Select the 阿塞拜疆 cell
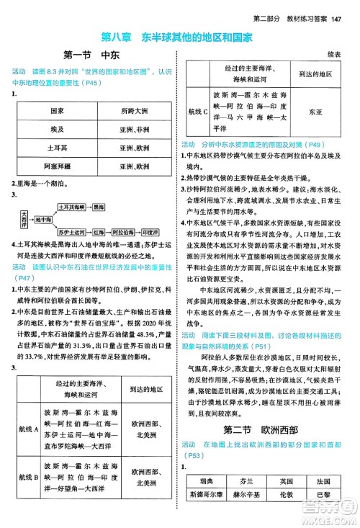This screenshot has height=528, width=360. [57, 166]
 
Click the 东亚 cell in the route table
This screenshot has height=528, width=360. [315, 112]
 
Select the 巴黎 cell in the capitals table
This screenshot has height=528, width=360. [322, 495]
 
